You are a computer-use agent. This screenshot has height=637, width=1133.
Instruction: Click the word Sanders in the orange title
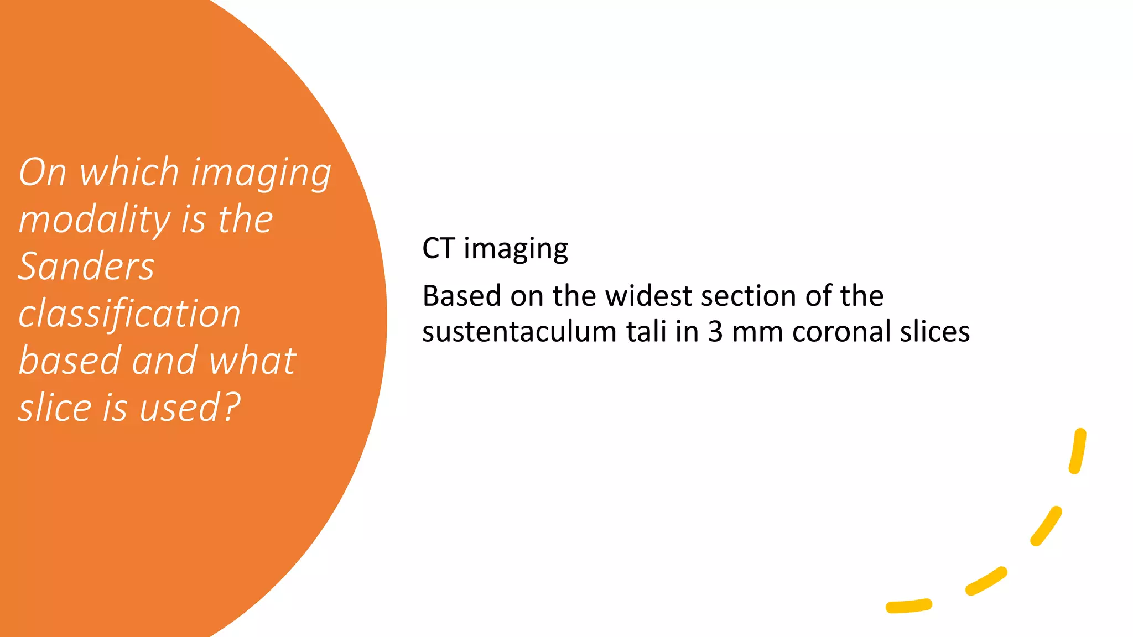(x=86, y=267)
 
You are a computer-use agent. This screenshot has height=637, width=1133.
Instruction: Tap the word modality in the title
(x=94, y=220)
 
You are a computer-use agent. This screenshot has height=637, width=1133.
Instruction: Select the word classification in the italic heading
(x=129, y=314)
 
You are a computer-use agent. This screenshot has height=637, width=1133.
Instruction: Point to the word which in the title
(x=129, y=172)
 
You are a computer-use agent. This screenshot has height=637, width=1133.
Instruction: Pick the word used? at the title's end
(x=190, y=408)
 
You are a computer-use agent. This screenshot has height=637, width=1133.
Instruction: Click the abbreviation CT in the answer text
(x=438, y=248)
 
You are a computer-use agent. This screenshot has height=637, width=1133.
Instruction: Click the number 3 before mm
(x=715, y=332)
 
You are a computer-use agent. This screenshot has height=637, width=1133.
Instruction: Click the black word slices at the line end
(x=935, y=332)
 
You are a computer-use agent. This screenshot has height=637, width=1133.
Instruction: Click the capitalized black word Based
(x=461, y=296)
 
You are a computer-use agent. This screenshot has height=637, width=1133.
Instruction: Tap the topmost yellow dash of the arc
(x=1078, y=451)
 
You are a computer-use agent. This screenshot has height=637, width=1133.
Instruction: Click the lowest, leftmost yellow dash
(x=908, y=606)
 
